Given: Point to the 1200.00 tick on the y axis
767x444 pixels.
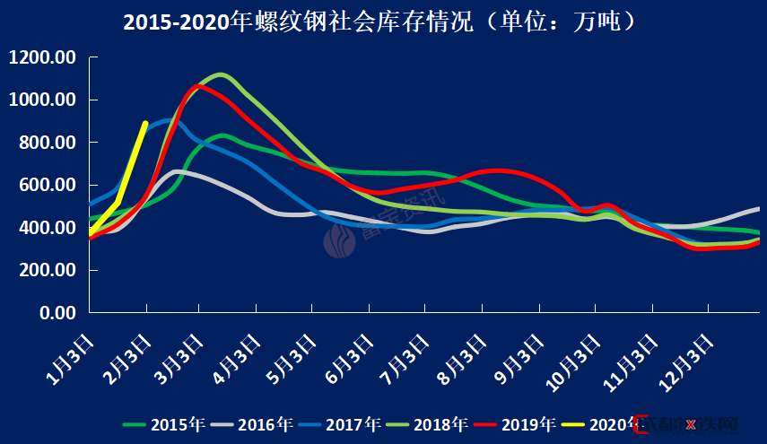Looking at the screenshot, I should click(x=43, y=58).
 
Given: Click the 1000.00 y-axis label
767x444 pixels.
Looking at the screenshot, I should click(x=43, y=100).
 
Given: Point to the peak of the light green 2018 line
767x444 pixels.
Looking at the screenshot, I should click(x=220, y=74).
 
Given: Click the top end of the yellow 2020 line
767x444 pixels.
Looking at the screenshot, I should click(x=145, y=124).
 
